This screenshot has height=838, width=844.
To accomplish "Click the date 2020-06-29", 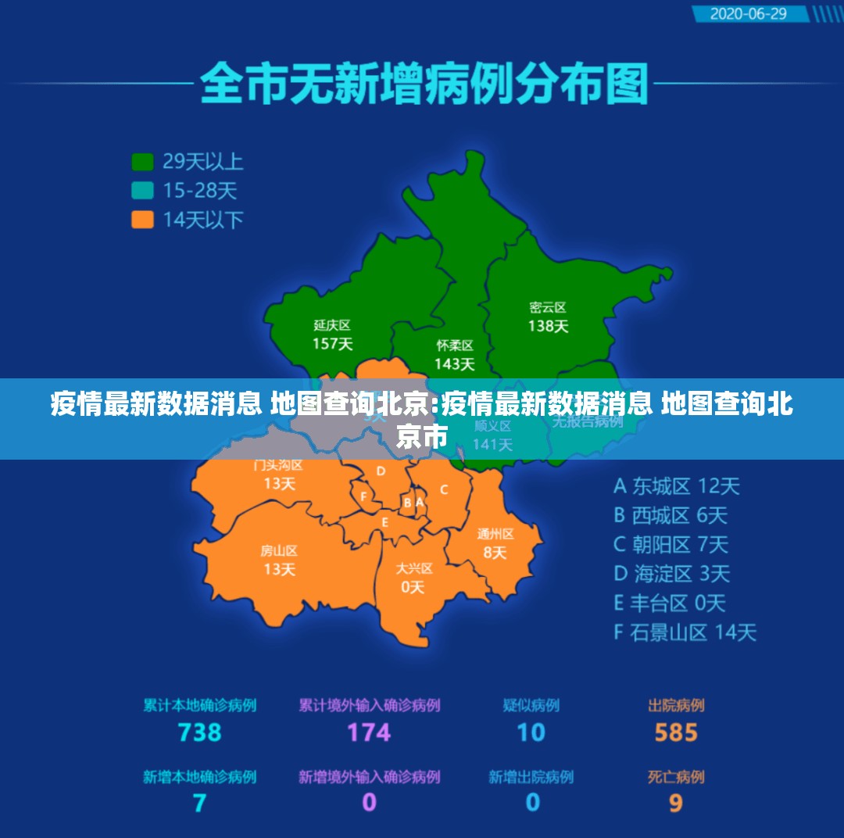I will tap(748, 14).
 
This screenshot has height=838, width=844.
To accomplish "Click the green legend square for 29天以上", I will tap(142, 162).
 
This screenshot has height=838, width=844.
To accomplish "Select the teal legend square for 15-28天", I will tap(142, 190).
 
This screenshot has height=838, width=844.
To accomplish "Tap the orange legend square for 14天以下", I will tap(142, 219).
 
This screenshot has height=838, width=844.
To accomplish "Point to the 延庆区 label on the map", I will tap(332, 324).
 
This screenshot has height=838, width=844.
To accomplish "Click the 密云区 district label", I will tap(547, 307).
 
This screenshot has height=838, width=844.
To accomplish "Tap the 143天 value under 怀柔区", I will tap(455, 363).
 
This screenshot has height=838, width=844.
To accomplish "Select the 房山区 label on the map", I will tap(279, 551).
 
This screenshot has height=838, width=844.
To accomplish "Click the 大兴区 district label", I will tap(413, 568).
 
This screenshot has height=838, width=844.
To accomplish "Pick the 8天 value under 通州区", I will tap(495, 553).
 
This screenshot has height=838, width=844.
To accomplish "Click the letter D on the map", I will tap(381, 471).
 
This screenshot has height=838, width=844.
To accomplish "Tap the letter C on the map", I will tap(444, 490).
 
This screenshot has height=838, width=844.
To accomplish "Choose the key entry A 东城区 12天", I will tap(676, 486).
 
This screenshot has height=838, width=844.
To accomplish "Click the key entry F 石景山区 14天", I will tap(685, 632).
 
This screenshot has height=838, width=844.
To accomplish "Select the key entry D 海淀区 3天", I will tap(671, 574).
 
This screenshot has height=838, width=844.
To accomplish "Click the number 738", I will tap(199, 732).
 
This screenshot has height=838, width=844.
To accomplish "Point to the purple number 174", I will tap(369, 732).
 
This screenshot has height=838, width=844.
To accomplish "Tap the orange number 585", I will tap(676, 732).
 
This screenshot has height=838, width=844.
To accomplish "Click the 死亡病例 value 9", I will tap(676, 803).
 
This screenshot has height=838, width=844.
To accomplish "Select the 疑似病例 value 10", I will tap(531, 732).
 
